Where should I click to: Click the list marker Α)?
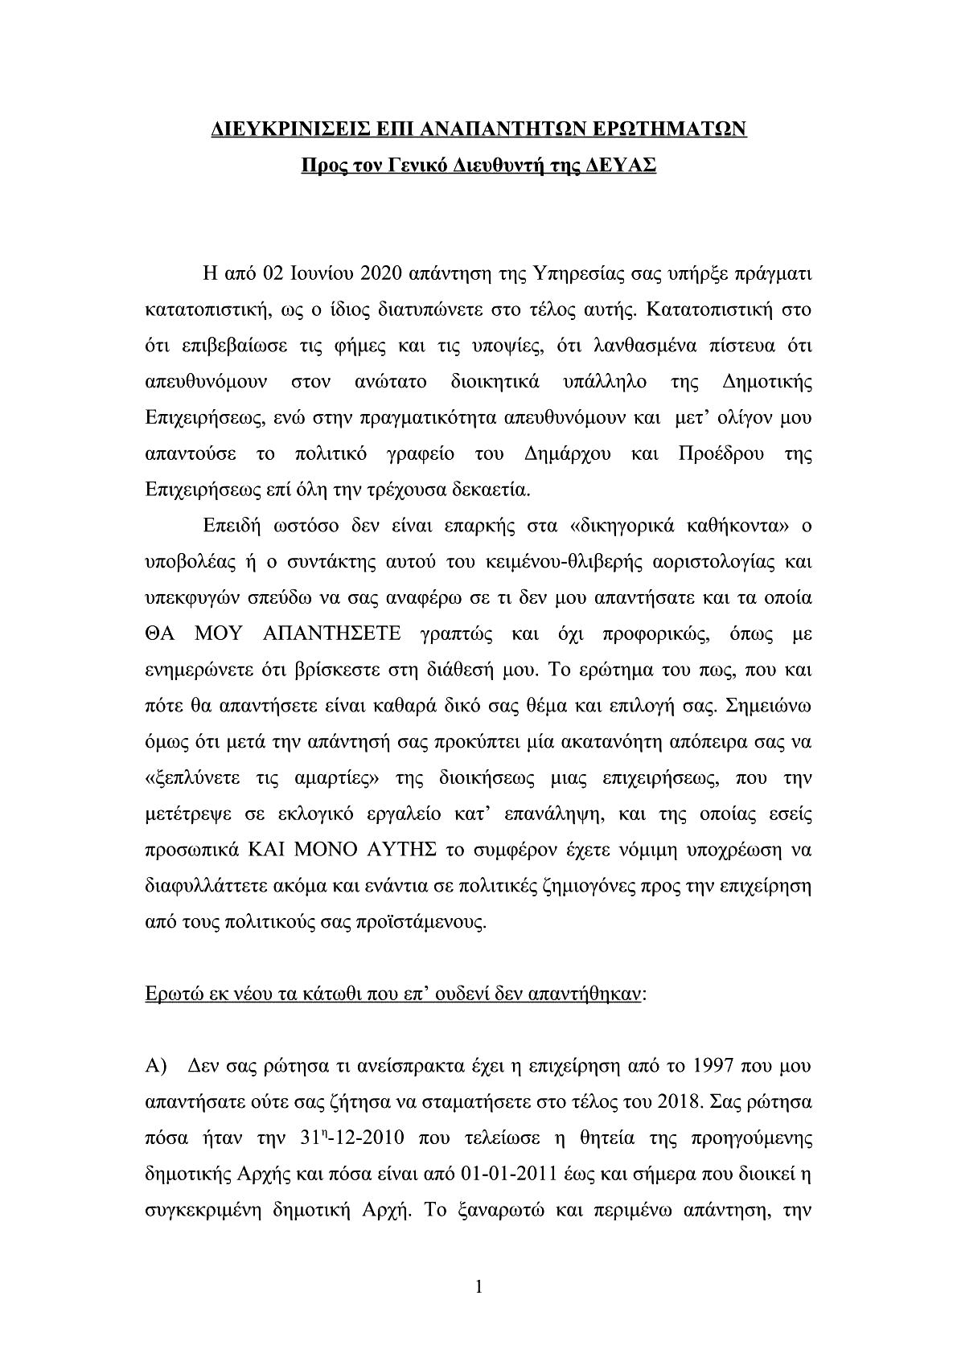(155, 1067)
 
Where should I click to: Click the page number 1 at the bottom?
(478, 1287)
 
